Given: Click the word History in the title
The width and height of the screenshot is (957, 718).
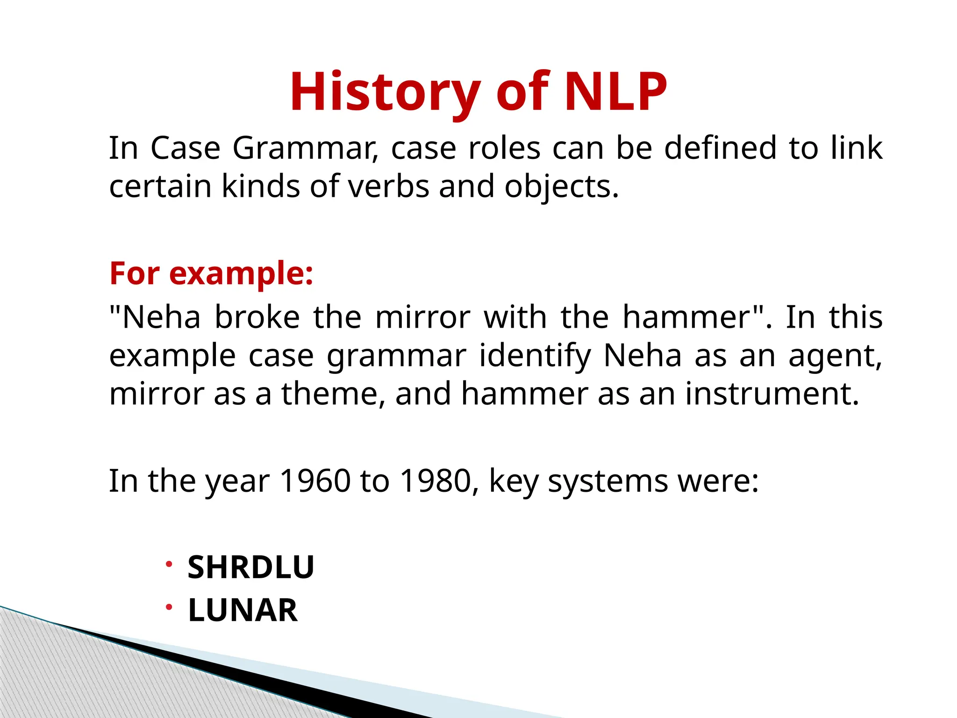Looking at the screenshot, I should [385, 92].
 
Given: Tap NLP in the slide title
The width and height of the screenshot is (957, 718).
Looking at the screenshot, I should [616, 92].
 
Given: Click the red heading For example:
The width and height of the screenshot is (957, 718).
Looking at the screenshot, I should [211, 273].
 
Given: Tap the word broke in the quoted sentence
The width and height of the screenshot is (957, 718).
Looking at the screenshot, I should [257, 317].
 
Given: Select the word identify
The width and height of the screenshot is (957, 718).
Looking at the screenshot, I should [536, 356].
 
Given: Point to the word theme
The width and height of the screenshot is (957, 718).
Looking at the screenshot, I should [333, 394].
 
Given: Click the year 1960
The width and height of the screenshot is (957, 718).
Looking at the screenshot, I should [314, 481].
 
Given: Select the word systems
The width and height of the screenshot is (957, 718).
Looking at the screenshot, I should [607, 482].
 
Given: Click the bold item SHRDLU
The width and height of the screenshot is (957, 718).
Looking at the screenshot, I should [251, 567].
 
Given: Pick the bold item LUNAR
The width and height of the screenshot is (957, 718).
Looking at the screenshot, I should [243, 610].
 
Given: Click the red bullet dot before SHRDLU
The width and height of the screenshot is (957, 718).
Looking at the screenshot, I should [169, 564].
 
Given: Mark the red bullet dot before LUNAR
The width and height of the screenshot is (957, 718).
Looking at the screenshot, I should [169, 607].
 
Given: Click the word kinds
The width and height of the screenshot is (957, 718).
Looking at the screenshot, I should [260, 187].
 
